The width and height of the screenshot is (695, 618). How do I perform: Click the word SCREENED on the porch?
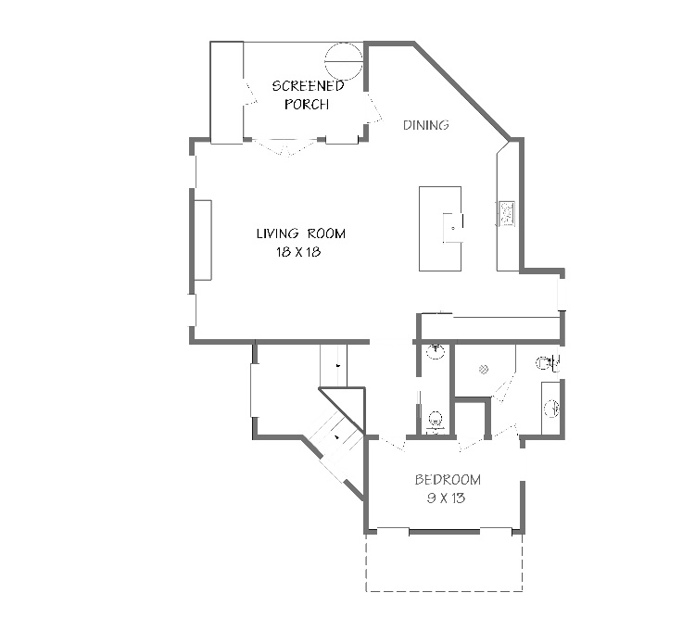point(308,85)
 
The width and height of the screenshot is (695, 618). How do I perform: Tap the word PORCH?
point(307,104)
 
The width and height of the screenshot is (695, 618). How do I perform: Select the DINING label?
point(426,125)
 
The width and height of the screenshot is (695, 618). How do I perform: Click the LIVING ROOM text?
point(301,233)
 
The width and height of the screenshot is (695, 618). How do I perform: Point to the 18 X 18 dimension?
point(298,252)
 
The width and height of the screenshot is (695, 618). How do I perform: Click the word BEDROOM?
point(448,479)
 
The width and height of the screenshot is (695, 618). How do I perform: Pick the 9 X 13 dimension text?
point(446,498)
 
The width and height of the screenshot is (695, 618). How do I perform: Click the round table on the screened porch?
point(344,61)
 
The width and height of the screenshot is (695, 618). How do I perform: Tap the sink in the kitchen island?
point(453,227)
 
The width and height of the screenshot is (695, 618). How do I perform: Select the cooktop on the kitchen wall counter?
point(507,213)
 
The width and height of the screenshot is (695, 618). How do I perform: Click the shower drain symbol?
point(484,369)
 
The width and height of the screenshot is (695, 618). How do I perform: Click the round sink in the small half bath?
point(436,352)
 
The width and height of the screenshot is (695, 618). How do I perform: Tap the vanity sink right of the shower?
point(552,409)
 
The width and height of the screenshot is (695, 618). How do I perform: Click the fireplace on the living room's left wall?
point(203,240)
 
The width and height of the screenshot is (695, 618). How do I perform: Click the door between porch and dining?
point(373,107)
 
